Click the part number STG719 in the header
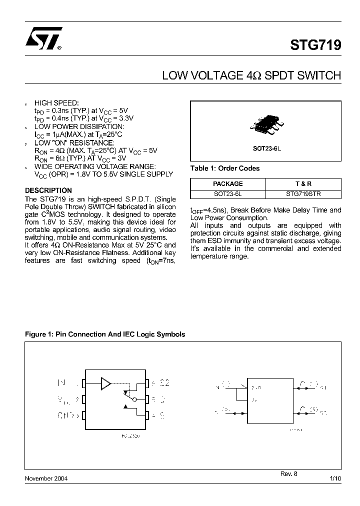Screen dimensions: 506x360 [315, 44]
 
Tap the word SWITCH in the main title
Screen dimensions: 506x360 [316, 76]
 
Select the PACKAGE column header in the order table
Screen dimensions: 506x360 [227, 183]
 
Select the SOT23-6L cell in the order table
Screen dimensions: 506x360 [227, 193]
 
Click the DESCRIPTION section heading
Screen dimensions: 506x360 [48, 190]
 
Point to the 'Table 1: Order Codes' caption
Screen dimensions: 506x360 [225, 168]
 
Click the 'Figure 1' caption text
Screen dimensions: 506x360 [105, 334]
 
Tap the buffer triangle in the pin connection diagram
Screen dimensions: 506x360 [105, 383]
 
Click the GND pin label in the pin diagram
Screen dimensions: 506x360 [66, 415]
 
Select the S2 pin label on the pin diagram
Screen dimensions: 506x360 [164, 383]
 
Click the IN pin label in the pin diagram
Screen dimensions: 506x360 [62, 383]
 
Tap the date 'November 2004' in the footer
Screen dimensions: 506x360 [46, 478]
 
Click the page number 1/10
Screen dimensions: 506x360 [335, 478]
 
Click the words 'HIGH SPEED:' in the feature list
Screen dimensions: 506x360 [56, 103]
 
